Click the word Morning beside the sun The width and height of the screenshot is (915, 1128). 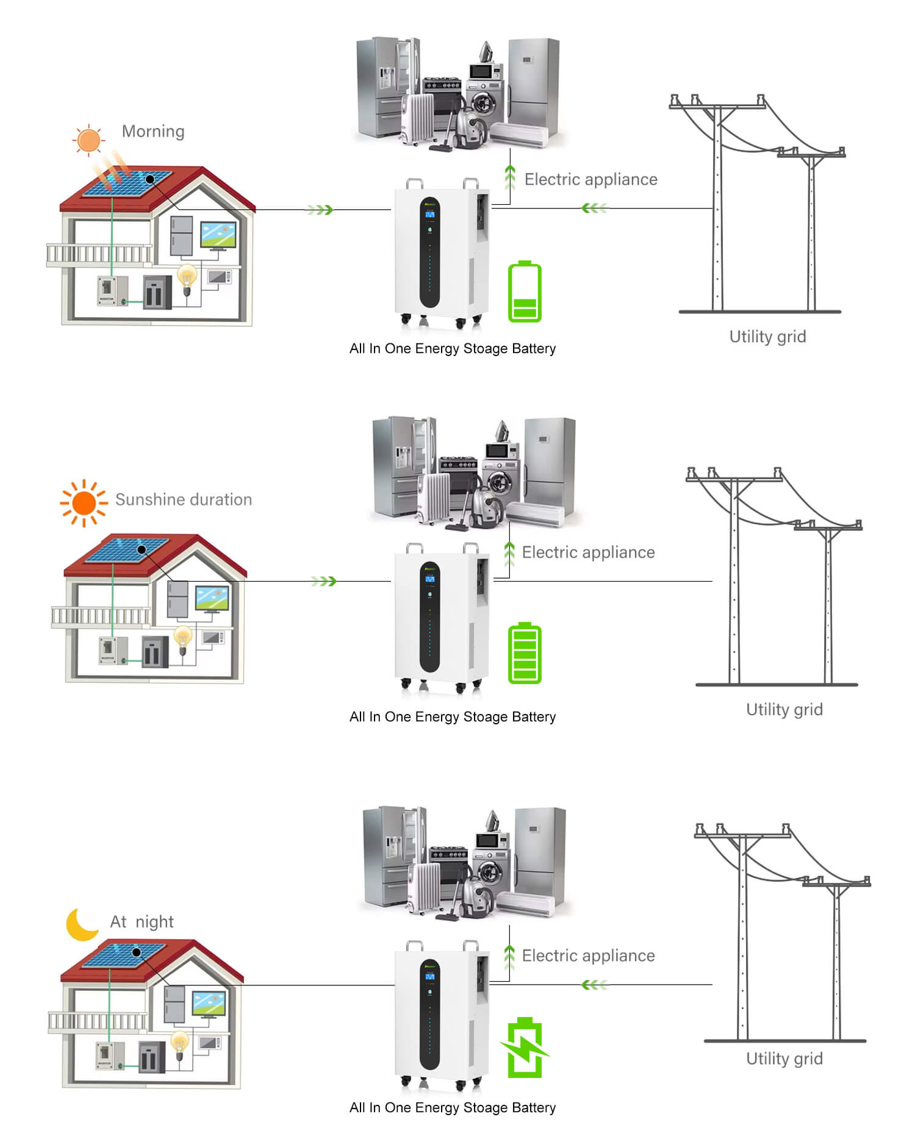pos(153,132)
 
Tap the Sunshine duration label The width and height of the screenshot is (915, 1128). pos(184,499)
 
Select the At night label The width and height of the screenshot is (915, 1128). pos(142,921)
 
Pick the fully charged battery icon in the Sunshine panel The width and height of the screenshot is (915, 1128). pos(525,652)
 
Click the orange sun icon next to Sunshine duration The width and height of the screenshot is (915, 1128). pos(84,503)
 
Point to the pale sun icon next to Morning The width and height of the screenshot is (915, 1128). pos(89,140)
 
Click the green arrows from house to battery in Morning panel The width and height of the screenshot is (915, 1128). pos(320,210)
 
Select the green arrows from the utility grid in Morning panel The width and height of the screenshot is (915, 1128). pos(594,208)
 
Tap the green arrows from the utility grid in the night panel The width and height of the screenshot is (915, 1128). pos(594,984)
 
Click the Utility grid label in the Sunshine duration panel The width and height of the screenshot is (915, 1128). pos(784,710)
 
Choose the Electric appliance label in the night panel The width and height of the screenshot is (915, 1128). pos(588,955)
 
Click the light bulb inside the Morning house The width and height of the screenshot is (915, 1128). pos(187,279)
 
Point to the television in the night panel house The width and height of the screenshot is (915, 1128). pos(209,1004)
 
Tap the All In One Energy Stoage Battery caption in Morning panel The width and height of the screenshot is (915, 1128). pos(453,349)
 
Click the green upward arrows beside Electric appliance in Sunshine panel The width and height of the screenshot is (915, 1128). pos(509,554)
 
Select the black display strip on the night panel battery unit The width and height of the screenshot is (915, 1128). pos(429,1015)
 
